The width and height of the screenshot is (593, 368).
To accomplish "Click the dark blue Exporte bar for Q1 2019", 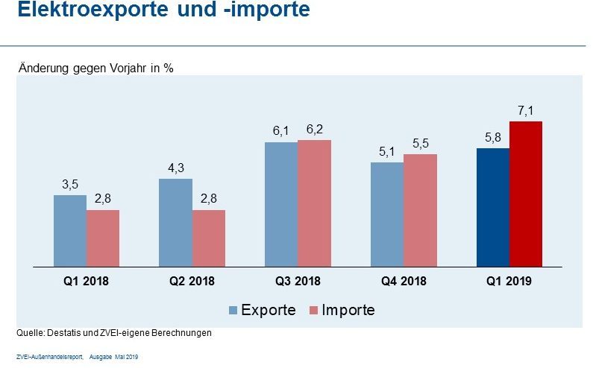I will tap(493, 207).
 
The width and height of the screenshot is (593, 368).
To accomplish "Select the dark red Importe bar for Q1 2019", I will tap(525, 194).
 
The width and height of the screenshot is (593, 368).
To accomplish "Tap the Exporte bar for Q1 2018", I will tap(70, 230).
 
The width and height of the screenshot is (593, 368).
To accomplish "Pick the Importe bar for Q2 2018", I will tap(209, 238).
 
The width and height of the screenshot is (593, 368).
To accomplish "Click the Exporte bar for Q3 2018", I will tap(281, 203).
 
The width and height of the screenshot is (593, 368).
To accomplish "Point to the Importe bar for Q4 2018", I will tap(420, 210).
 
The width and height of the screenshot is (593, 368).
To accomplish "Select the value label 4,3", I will tap(176, 168).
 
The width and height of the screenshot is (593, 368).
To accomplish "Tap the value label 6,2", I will tap(315, 130).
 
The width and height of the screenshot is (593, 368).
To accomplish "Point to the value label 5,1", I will tap(386, 152).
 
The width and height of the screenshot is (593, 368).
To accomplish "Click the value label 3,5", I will tap(70, 185).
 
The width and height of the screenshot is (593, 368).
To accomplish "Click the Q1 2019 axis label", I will tap(509, 281).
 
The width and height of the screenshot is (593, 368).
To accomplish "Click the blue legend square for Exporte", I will tap(233, 310).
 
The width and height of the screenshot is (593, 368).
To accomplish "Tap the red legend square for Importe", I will tap(313, 310).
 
